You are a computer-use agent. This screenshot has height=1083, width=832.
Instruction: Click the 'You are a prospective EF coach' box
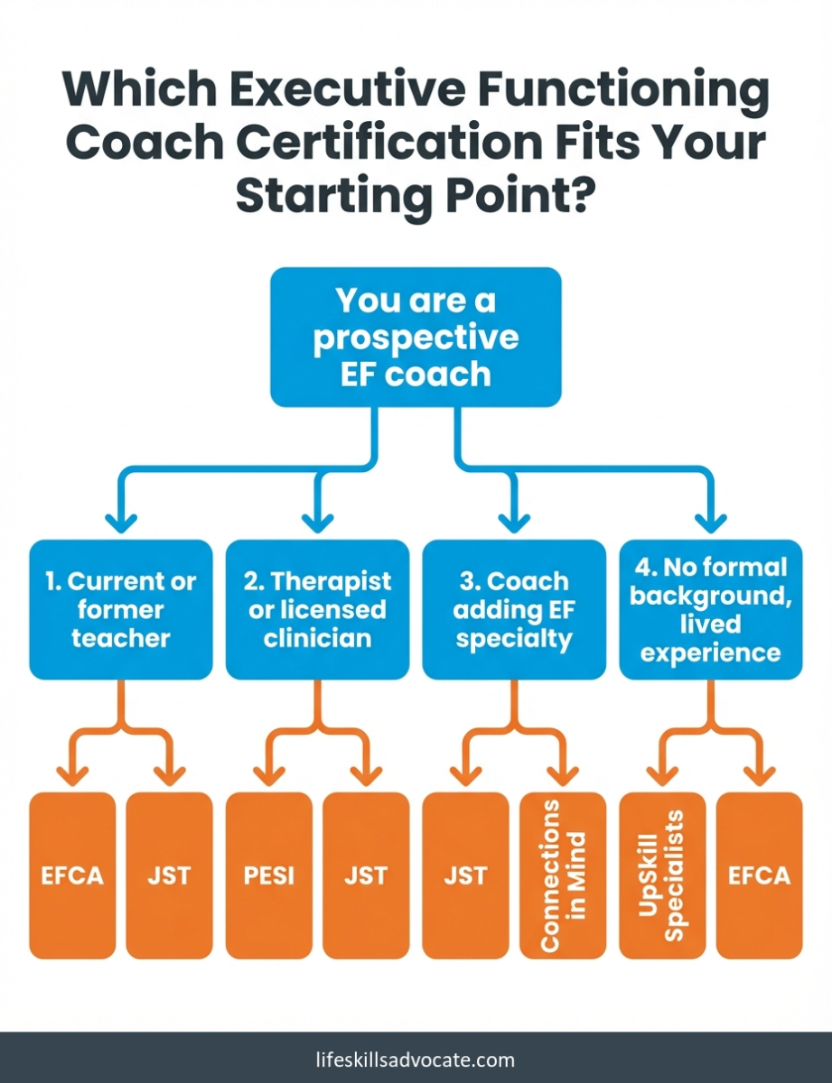416,337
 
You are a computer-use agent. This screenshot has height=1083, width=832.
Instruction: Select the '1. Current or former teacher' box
121,609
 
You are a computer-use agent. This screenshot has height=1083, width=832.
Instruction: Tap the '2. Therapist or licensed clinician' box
318,609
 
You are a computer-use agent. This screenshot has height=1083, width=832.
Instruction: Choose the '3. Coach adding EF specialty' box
514,609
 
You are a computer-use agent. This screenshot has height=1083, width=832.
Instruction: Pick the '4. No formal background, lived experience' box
711,609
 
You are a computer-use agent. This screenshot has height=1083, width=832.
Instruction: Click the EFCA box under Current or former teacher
72,875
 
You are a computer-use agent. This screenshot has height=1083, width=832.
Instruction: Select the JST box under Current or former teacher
170,875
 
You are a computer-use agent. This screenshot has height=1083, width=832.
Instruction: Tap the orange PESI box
269,875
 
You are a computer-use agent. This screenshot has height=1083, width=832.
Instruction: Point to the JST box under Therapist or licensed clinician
366,875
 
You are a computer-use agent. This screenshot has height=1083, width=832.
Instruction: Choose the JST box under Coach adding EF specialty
465,875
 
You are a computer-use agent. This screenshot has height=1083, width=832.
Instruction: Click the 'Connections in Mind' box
563,875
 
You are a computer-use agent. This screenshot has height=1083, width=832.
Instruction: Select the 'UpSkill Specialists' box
662,875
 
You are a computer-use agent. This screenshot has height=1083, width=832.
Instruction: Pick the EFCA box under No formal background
760,875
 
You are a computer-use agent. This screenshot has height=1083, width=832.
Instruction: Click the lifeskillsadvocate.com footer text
416,1060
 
